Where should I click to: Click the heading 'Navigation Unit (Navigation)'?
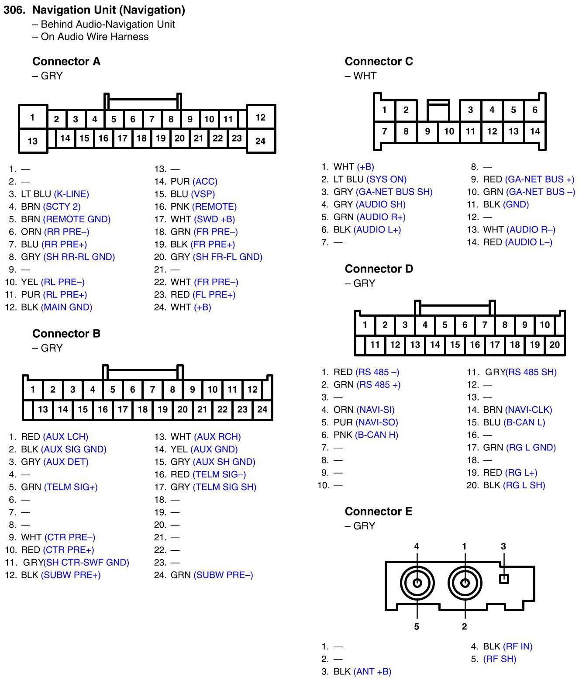(108, 10)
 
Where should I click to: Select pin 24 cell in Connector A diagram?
(260, 141)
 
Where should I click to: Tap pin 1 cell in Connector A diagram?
(32, 117)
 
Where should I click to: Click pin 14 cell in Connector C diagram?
(535, 131)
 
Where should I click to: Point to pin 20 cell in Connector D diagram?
(555, 345)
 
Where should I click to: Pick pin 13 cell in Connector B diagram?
(43, 409)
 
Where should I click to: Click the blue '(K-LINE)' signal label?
(71, 194)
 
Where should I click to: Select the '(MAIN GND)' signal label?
(66, 307)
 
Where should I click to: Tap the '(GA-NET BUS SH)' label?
(394, 192)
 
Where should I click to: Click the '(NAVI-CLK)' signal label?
(528, 410)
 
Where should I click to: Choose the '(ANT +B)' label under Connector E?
(372, 671)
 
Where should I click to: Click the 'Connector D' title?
(379, 269)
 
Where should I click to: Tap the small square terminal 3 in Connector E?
(503, 579)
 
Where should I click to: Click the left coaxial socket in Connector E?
(417, 583)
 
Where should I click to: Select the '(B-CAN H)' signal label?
(376, 435)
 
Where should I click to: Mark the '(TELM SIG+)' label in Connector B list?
(71, 487)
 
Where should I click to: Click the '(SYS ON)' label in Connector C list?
(386, 179)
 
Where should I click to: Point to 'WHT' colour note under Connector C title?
(365, 76)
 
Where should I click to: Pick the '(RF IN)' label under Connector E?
(517, 646)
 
